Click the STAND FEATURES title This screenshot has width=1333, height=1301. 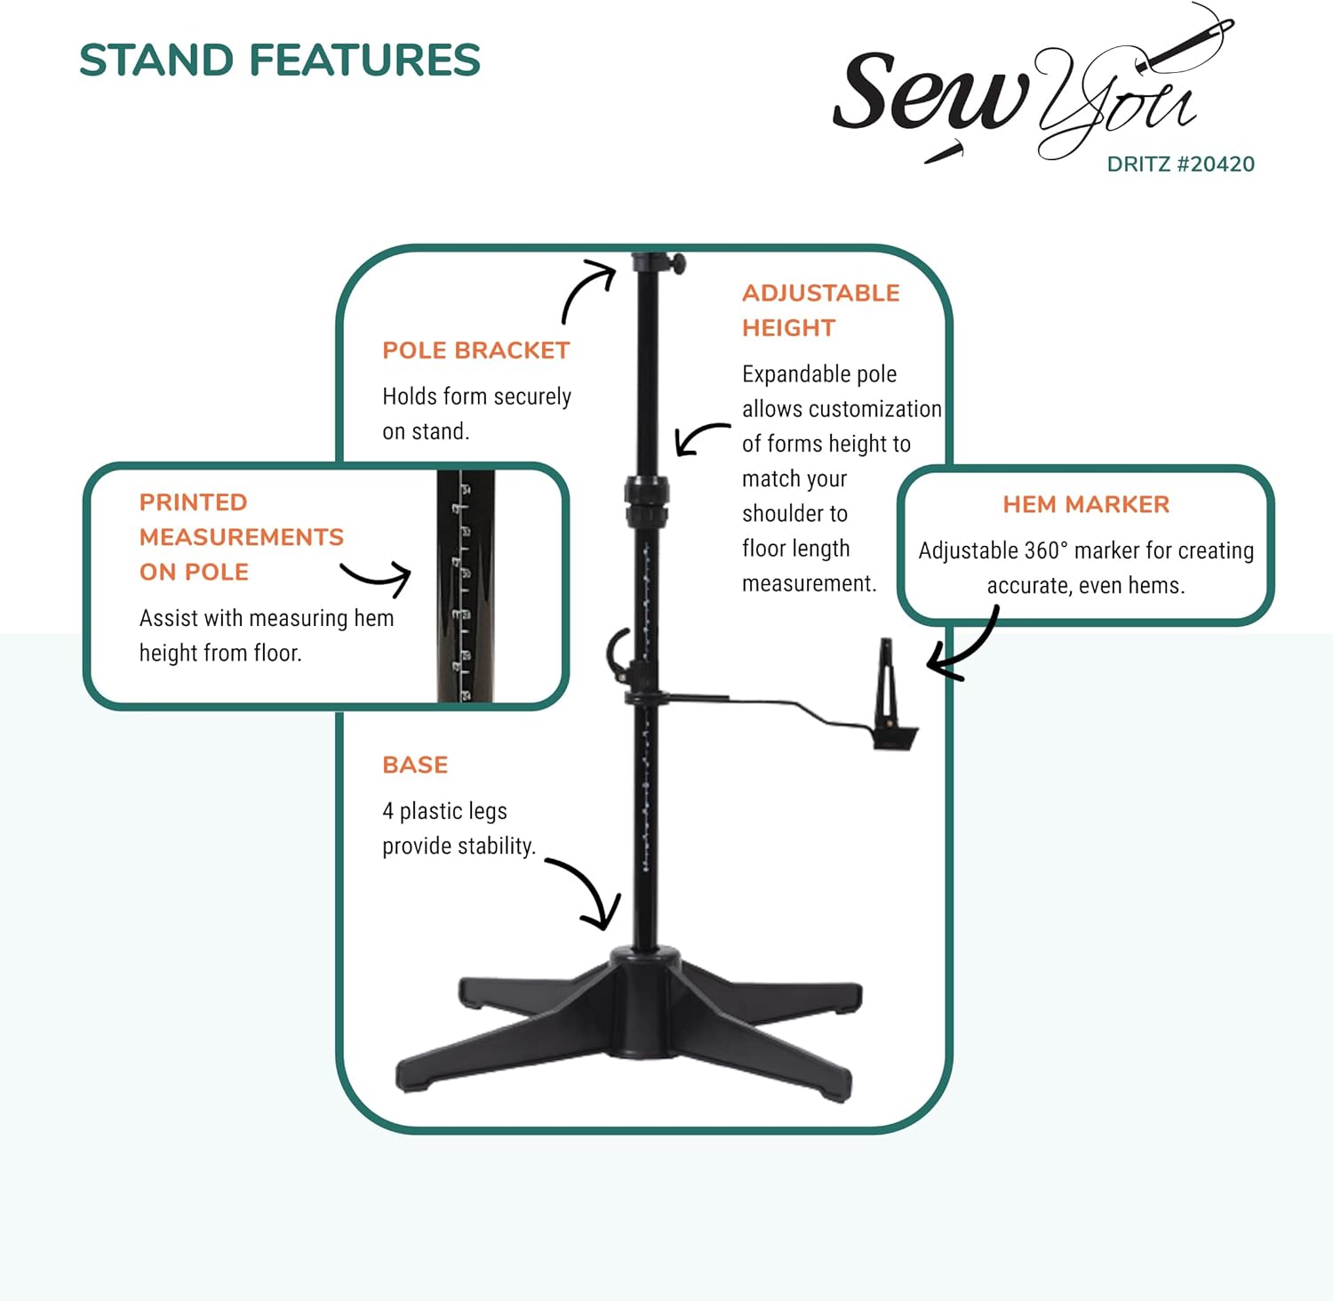tap(279, 60)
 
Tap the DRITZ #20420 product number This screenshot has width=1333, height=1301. tap(1180, 165)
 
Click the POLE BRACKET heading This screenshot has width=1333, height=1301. tap(475, 350)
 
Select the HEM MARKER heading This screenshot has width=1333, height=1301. tap(1086, 505)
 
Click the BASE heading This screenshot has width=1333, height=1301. tap(415, 765)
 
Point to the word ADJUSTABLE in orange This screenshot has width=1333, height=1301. tap(820, 293)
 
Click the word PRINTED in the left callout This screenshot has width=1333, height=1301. tap(193, 502)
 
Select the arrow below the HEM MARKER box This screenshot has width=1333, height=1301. tap(964, 646)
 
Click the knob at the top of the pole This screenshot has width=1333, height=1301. tap(677, 263)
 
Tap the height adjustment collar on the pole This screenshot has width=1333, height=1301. tap(646, 502)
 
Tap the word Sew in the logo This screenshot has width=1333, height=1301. tap(929, 93)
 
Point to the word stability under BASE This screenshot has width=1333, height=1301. tap(493, 847)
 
